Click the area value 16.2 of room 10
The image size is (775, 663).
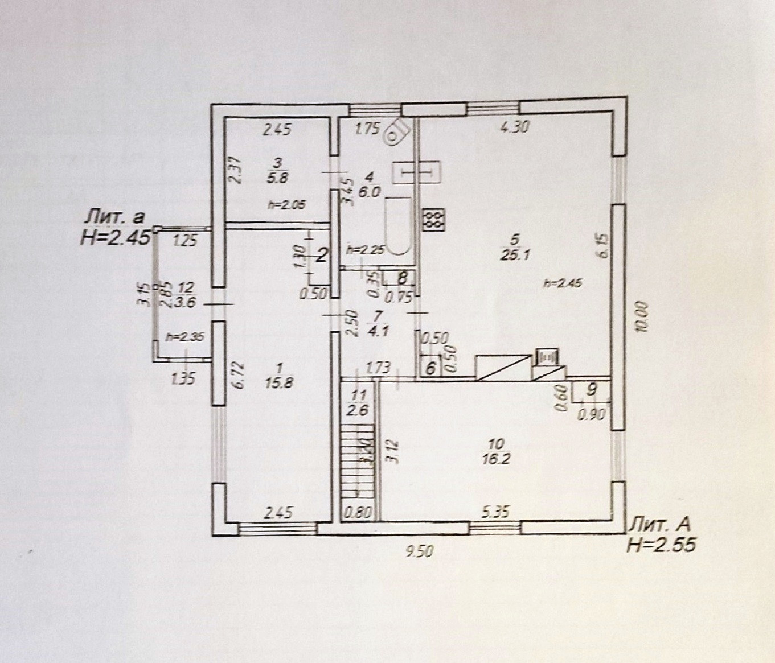(x=497, y=458)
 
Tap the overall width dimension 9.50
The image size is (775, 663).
(x=420, y=550)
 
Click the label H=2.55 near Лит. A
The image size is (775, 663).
(x=661, y=545)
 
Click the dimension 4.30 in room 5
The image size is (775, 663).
(x=514, y=127)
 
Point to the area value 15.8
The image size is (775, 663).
(x=279, y=383)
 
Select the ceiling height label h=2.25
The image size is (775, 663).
(x=365, y=249)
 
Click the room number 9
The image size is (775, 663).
(x=592, y=390)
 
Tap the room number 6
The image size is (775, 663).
(x=430, y=368)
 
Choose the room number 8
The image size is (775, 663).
(x=403, y=278)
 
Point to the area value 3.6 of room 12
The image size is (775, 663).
(x=186, y=302)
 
